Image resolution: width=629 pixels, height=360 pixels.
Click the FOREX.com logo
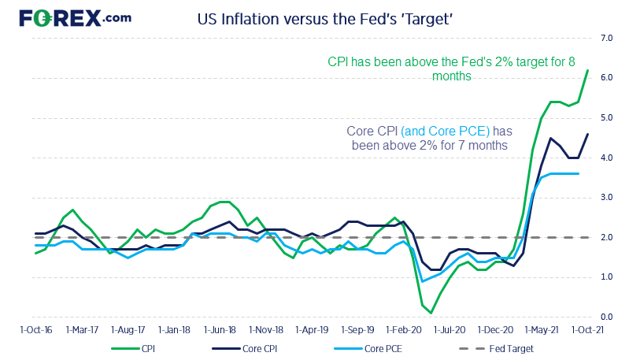pyautogui.click(x=76, y=18)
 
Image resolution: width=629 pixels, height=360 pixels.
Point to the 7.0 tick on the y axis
pyautogui.click(x=607, y=38)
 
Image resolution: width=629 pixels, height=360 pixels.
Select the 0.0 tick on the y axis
pyautogui.click(x=607, y=317)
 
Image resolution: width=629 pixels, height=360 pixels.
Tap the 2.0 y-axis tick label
pyautogui.click(x=607, y=237)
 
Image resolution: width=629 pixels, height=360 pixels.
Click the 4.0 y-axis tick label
pyautogui.click(x=607, y=158)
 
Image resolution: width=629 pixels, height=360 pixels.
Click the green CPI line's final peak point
pyautogui.click(x=587, y=70)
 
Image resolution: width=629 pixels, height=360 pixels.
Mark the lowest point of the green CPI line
pyautogui.click(x=431, y=313)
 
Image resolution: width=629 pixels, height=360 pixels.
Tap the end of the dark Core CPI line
pyautogui.click(x=587, y=134)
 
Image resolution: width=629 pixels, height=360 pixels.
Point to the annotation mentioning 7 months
pyautogui.click(x=429, y=138)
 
